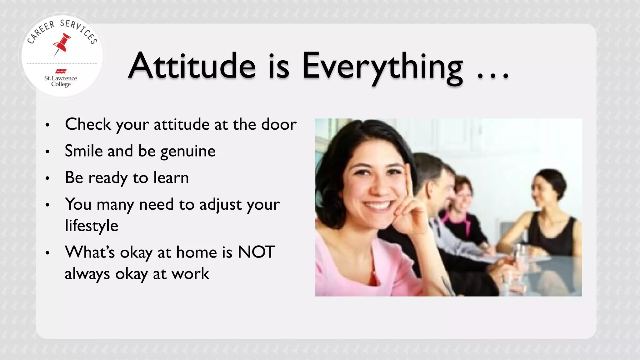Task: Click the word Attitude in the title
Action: coord(192,66)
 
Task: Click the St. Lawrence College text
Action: coord(61,81)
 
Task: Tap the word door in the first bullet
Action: coord(279,124)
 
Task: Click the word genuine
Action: coord(188,152)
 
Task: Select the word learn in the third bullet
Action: coord(171,177)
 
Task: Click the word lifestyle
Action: coord(92,226)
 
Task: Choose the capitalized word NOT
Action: coord(256,252)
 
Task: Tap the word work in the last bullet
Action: coord(190,274)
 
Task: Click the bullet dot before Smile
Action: coord(47,152)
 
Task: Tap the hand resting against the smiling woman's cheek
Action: coord(412,212)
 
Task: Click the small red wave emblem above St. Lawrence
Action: coord(61,71)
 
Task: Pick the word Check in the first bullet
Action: coord(88,124)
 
